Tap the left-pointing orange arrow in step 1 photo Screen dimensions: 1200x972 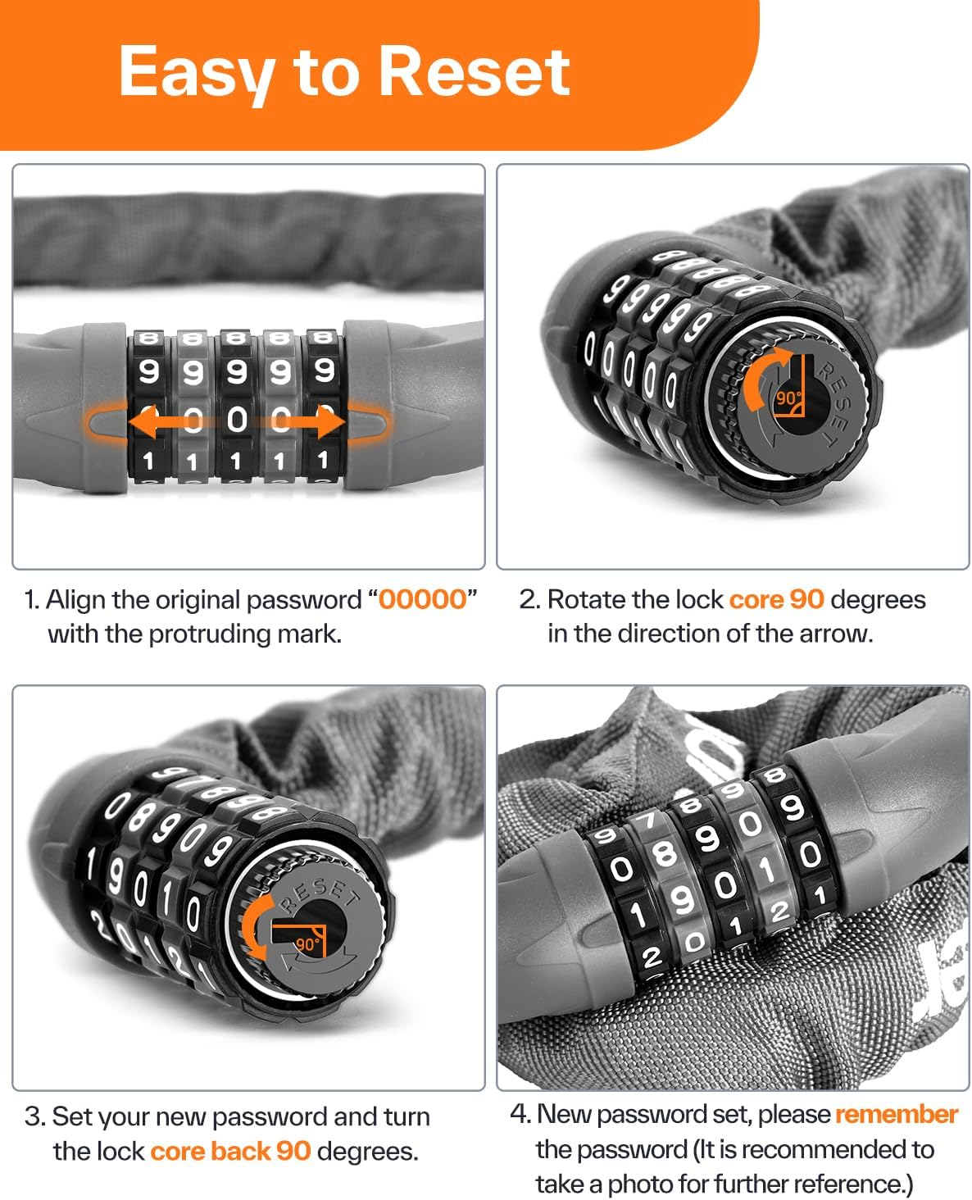(156, 423)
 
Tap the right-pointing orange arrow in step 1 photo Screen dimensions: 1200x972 (320, 423)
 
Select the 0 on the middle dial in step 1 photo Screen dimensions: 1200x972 (237, 420)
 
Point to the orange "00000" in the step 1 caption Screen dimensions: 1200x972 (422, 599)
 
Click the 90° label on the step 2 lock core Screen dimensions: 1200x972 (788, 398)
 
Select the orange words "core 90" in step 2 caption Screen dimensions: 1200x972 (776, 599)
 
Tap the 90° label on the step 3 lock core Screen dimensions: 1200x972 (307, 943)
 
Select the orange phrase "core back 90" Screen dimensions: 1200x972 (230, 1151)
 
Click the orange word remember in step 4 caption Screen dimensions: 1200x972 (896, 1115)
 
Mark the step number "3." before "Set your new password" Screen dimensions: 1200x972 (34, 1116)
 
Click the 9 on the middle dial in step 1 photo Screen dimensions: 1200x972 (237, 373)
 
